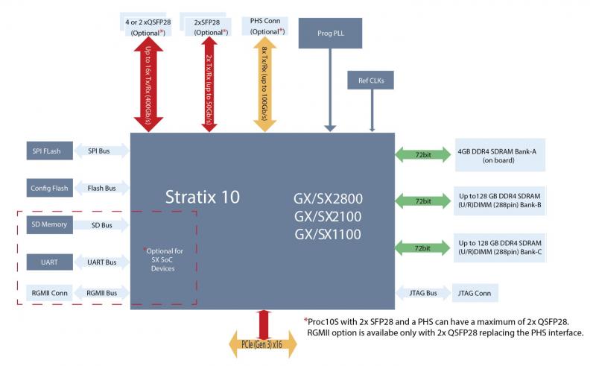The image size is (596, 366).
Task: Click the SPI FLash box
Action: [x=46, y=151]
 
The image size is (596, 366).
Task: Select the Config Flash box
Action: [x=49, y=188]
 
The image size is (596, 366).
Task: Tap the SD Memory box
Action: [x=49, y=224]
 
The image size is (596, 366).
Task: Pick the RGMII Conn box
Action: [x=49, y=293]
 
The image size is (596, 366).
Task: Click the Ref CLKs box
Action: [x=370, y=81]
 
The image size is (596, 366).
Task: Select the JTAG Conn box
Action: [x=471, y=293]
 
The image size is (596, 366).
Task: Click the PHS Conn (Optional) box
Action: [x=265, y=26]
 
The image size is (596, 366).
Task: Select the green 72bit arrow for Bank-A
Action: [x=422, y=155]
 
